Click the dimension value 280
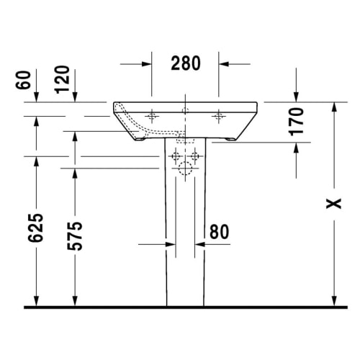185,63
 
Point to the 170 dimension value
297,122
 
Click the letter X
332,204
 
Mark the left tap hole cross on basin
152,115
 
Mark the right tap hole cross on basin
218,115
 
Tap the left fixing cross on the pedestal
175,156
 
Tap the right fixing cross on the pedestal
195,156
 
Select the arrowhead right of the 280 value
224,64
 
